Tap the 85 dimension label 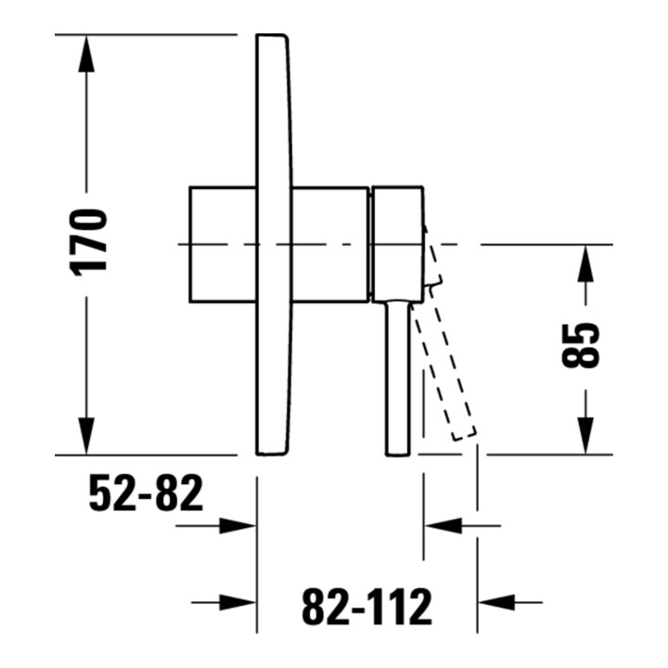(x=580, y=345)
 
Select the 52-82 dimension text (x=147, y=493)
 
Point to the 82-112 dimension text (x=366, y=606)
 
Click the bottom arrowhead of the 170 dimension (x=86, y=436)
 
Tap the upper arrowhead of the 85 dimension (x=585, y=263)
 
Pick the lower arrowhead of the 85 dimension (x=585, y=435)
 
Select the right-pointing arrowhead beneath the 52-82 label (x=238, y=526)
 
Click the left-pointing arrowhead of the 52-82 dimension (x=443, y=526)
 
